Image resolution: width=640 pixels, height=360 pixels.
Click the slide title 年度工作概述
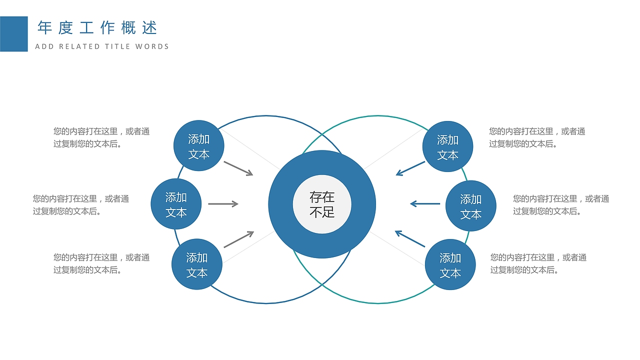pos(97,28)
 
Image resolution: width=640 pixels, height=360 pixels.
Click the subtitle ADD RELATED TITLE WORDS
pos(102,46)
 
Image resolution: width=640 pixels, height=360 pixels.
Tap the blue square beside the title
pos(13,34)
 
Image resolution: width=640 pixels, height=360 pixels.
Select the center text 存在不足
pos(322,204)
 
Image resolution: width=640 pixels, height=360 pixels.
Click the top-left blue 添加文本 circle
pos(198,146)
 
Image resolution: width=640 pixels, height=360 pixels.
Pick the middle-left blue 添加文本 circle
pos(176,204)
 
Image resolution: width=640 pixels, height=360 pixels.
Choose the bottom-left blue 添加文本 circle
pos(197,264)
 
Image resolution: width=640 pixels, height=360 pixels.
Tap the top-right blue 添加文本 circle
pos(447,146)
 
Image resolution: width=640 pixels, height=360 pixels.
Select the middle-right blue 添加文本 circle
pos(470,206)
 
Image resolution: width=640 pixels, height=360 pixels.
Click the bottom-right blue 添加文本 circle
pos(450,264)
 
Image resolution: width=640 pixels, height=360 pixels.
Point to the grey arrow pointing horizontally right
pos(223,203)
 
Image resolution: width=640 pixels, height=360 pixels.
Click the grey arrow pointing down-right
pos(238,168)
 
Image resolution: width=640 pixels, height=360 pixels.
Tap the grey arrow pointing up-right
pos(239,239)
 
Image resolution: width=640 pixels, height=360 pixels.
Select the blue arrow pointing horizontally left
pos(425,203)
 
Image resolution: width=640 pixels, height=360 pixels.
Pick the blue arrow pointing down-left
pos(410,168)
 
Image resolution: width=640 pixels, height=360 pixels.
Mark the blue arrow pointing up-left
pos(410,238)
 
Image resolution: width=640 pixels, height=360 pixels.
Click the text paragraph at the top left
pos(101,137)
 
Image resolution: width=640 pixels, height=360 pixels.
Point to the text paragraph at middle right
pos(561,205)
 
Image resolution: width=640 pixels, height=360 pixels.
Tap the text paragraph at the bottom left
pos(101,263)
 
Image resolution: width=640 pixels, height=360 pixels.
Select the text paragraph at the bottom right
pos(538,263)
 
